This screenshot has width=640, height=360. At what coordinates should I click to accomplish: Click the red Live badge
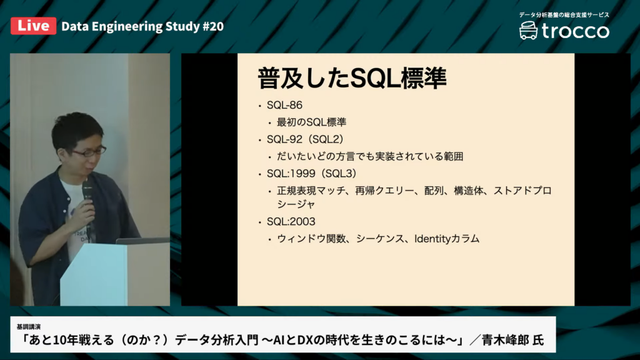tap(34, 26)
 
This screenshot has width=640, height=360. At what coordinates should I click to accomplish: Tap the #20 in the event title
tap(213, 26)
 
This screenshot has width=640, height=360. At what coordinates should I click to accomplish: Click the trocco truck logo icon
tap(528, 31)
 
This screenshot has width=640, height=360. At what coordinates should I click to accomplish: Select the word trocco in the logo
tap(576, 31)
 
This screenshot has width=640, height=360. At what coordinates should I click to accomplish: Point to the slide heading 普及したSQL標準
tap(352, 78)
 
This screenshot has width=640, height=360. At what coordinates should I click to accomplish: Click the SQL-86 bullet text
tap(284, 105)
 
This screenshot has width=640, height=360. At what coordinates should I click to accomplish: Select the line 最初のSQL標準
tap(311, 122)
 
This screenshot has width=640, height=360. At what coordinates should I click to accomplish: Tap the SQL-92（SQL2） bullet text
tap(305, 139)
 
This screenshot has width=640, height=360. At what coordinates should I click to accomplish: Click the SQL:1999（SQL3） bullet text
tap(312, 174)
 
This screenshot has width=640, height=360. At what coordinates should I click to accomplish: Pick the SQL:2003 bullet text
tap(291, 222)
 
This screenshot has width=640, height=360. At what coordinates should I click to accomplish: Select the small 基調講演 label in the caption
tap(29, 327)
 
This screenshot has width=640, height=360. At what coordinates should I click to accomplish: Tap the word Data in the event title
tap(75, 26)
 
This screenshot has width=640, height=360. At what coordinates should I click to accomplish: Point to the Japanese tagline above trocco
tap(564, 15)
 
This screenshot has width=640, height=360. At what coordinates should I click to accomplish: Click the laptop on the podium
tap(143, 241)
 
